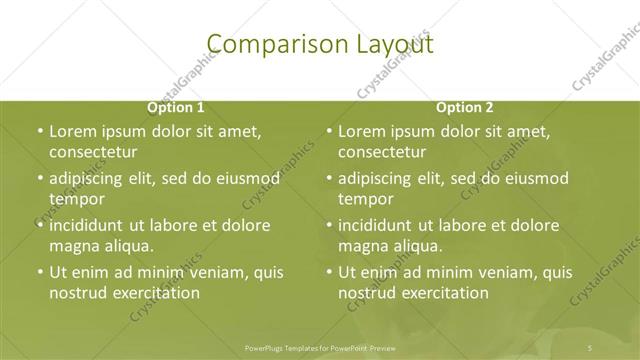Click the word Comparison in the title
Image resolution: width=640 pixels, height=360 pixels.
coord(265,44)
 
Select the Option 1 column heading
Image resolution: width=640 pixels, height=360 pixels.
coord(176,107)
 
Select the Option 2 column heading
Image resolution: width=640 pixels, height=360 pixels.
coord(465,107)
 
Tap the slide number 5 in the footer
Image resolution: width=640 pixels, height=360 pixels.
coord(591,347)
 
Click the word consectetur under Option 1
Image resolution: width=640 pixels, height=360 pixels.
coord(92,152)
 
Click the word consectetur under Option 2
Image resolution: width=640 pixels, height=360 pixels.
coord(382,152)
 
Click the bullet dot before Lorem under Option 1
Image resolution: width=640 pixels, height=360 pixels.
coord(39,132)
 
